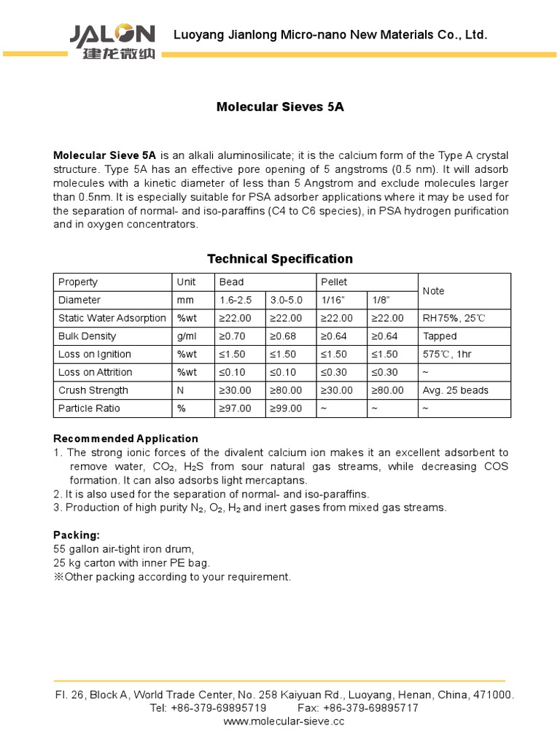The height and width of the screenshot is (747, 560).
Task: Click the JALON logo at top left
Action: [x=112, y=42]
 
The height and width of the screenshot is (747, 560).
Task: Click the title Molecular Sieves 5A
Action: [x=280, y=107]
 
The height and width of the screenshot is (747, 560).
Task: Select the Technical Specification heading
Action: [x=280, y=259]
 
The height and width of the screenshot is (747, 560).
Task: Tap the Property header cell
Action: [x=78, y=282]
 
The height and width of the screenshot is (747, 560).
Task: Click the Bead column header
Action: [x=232, y=282]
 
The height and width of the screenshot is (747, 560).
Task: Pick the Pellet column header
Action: [x=335, y=282]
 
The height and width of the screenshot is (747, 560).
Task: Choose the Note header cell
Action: [x=434, y=291]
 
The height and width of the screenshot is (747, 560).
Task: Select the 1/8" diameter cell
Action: [x=381, y=300]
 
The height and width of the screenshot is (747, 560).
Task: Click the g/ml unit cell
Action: [x=186, y=336]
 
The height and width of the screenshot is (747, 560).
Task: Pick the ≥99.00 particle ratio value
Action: [x=287, y=409]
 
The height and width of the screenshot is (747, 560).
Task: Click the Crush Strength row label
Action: [x=93, y=390]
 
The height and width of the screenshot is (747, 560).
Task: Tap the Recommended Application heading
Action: [x=126, y=438]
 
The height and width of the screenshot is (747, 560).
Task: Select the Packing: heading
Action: [x=76, y=535]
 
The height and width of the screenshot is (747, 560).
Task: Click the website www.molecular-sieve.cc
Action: [x=284, y=721]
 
